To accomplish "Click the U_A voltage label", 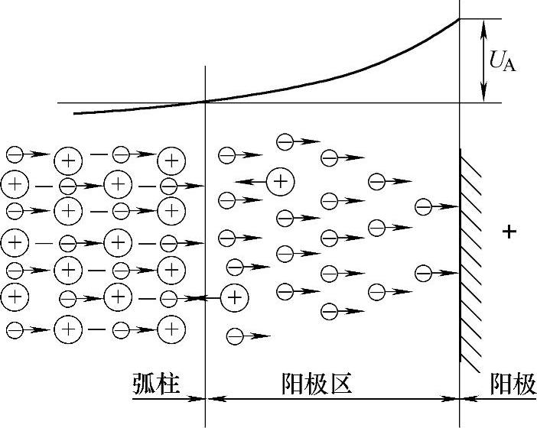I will pyautogui.click(x=502, y=60).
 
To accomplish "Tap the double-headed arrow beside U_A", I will pyautogui.click(x=483, y=60).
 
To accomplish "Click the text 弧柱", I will pyautogui.click(x=155, y=384).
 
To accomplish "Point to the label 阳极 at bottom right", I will pyautogui.click(x=513, y=384).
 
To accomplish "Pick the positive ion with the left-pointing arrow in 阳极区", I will pyautogui.click(x=281, y=180).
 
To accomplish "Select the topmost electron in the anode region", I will pyautogui.click(x=285, y=141).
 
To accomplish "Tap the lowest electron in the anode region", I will pyautogui.click(x=235, y=336).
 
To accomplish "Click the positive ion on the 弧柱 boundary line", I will pyautogui.click(x=234, y=297).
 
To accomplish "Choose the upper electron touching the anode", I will pyautogui.click(x=424, y=206).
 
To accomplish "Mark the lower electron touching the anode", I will pyautogui.click(x=424, y=273).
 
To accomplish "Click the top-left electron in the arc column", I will pyautogui.click(x=15, y=154).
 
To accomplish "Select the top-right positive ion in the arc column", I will pyautogui.click(x=171, y=160).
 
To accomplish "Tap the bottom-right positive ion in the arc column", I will pyautogui.click(x=171, y=329).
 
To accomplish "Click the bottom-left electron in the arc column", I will pyautogui.click(x=15, y=330).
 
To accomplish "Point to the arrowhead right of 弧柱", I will pyautogui.click(x=200, y=398).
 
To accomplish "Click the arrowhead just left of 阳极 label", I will pyautogui.click(x=466, y=398).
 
